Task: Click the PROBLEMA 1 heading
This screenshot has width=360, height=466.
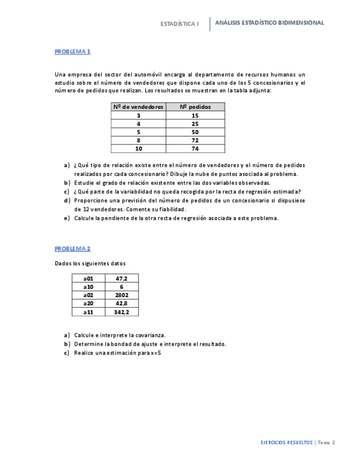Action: [72, 52]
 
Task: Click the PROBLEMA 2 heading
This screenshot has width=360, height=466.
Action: [72, 248]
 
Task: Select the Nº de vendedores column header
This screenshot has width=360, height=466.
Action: [139, 107]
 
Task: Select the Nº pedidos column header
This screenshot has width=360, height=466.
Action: [195, 107]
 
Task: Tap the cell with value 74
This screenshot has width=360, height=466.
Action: [195, 148]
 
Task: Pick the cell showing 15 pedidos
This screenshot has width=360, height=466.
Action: [195, 115]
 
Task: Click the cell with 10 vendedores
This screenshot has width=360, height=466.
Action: [139, 148]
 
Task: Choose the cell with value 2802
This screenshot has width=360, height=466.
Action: [122, 295]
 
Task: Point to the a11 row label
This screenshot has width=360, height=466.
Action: [88, 312]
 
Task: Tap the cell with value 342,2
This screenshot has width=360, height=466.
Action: [122, 312]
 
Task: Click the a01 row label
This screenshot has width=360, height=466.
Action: [88, 279]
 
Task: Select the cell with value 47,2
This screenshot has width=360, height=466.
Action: [122, 279]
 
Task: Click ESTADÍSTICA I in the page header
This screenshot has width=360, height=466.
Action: [179, 24]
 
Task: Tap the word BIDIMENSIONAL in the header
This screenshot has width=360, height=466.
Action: [302, 23]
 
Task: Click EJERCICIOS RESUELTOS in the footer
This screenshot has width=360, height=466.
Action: [286, 442]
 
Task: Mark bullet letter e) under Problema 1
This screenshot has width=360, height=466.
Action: [67, 218]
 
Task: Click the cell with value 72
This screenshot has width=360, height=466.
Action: [195, 140]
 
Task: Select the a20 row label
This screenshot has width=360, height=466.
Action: [88, 303]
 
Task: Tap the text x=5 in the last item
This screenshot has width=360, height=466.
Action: [155, 353]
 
